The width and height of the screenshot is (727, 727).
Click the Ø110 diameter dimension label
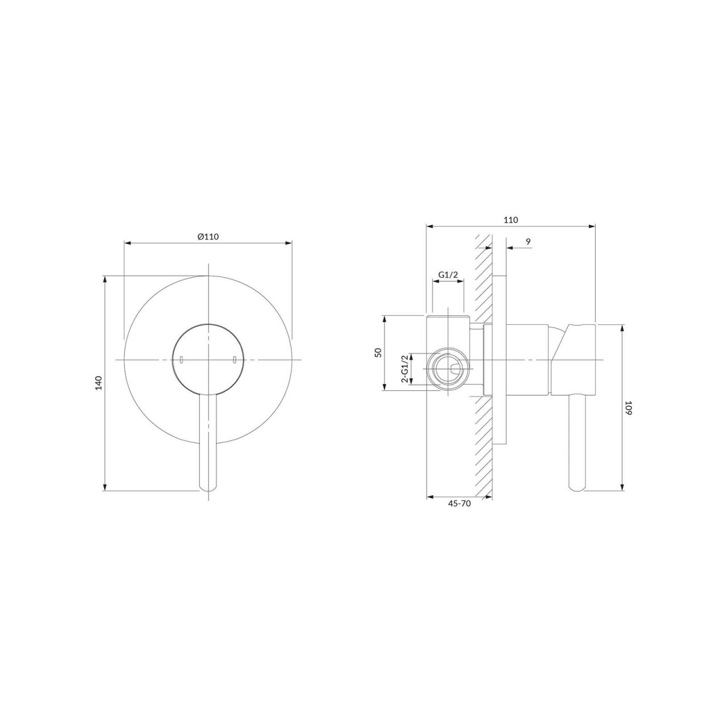[208, 236]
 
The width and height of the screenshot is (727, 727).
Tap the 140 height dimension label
[99, 383]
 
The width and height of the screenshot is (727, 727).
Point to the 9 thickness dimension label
[528, 242]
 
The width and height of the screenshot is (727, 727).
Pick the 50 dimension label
[378, 352]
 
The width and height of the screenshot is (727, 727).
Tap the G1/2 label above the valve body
[448, 275]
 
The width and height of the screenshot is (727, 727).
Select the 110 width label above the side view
[511, 220]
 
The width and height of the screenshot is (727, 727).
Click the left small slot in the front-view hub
[182, 360]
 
